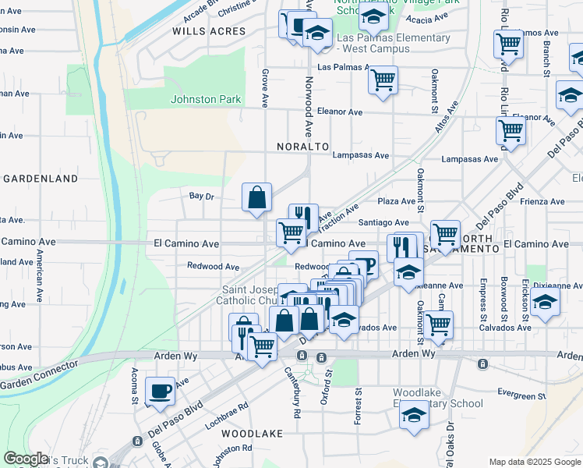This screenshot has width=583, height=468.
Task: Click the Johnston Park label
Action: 207,99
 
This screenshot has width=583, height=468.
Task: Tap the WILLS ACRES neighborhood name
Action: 208,32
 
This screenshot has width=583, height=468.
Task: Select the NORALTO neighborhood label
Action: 302,147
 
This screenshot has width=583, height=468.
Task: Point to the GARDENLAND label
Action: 41,179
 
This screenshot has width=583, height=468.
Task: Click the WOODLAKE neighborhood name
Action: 247,432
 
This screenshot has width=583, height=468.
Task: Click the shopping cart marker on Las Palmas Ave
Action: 383,80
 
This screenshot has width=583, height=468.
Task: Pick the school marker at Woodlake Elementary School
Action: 414,417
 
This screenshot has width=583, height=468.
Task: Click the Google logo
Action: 26,459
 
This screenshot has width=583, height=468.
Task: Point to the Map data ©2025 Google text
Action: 534,462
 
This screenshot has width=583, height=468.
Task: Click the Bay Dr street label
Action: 201,197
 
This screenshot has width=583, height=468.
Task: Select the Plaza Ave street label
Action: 397,201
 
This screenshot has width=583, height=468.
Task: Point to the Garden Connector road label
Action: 39,375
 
